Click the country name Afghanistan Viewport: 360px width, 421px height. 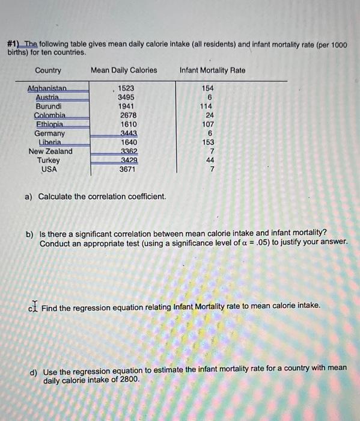(48, 88)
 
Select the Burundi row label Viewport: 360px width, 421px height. (48, 106)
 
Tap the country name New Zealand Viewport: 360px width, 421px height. (50, 151)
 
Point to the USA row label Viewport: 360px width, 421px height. (49, 169)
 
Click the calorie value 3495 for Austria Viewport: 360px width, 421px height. (126, 97)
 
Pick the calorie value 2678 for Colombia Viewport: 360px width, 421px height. (128, 115)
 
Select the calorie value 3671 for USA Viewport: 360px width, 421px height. (127, 169)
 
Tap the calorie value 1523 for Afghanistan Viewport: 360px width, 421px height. (126, 88)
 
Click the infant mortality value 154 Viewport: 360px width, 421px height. (207, 88)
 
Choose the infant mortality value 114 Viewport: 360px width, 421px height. (207, 106)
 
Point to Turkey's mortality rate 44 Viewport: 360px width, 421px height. (210, 160)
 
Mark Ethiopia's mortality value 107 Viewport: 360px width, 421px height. (207, 124)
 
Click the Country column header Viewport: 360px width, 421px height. (48, 70)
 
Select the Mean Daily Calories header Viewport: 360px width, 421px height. (124, 70)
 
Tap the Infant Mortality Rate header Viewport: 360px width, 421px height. (212, 70)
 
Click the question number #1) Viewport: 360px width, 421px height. (13, 45)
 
